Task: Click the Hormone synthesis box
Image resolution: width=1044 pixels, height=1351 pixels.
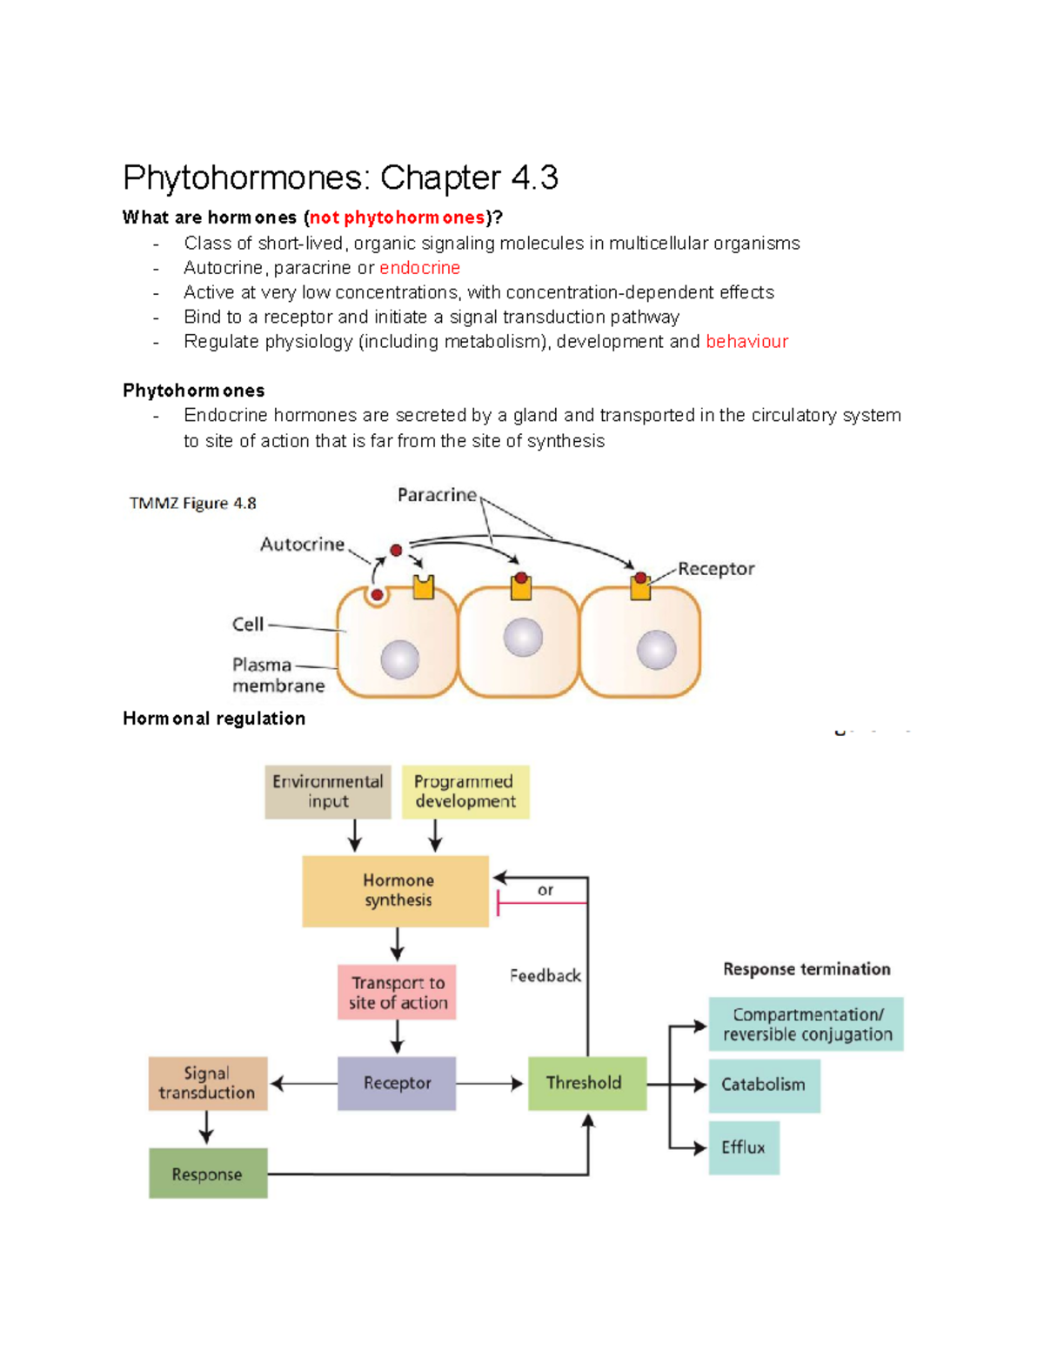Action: coord(396,891)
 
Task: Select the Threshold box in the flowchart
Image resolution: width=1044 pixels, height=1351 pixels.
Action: coord(587,1083)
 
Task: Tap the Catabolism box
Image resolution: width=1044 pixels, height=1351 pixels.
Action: coord(764,1085)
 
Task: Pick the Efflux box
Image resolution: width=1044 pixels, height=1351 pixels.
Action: coord(744,1147)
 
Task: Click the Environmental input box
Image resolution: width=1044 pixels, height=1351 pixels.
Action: coord(328,792)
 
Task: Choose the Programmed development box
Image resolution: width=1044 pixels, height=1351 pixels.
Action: coord(465,792)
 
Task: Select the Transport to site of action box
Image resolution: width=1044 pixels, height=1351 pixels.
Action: coord(397,992)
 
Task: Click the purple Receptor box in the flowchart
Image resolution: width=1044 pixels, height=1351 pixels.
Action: coord(397,1083)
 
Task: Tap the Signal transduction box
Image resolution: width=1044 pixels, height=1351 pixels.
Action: coord(207,1083)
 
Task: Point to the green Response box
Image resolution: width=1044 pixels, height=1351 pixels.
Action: coord(207,1174)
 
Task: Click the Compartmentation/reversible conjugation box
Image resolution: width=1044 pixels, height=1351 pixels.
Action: coord(806,1024)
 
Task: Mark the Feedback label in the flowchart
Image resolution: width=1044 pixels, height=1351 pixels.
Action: coord(545,976)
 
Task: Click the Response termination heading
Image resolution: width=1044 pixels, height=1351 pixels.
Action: coord(806,969)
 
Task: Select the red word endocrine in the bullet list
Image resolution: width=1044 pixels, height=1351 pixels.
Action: coord(419,268)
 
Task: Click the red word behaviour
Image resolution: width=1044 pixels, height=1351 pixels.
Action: coord(746,341)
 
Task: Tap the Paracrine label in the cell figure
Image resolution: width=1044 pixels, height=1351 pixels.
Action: coord(437,495)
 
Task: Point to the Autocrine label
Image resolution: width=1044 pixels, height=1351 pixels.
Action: coord(302,545)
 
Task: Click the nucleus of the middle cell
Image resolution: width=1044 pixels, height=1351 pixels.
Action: coord(523,638)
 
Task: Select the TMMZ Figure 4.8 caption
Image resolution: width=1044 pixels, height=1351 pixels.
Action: coord(192,503)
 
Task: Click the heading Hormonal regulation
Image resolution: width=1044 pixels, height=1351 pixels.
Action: coord(214,719)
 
